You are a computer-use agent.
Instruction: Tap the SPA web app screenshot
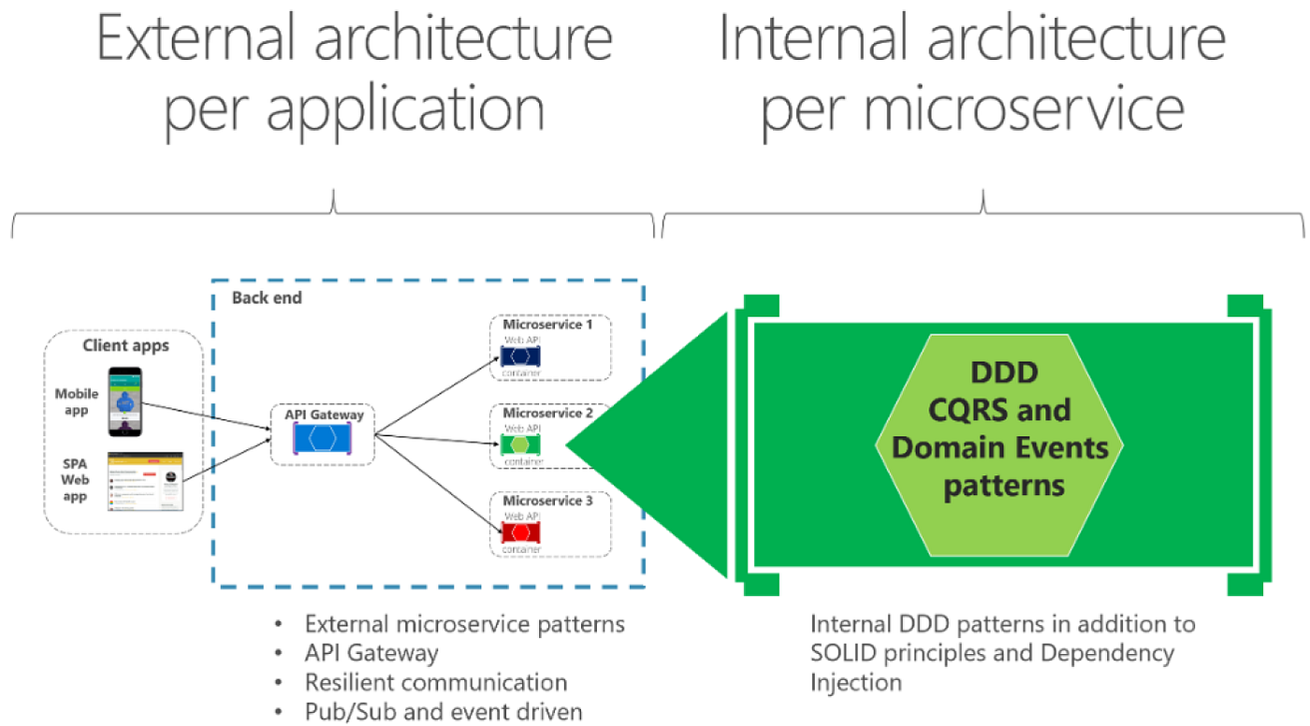pyautogui.click(x=146, y=481)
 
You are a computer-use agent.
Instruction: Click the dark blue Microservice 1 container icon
pyautogui.click(x=522, y=357)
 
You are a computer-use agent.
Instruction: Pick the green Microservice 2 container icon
pyautogui.click(x=522, y=444)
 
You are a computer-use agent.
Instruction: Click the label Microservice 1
pyautogui.click(x=547, y=325)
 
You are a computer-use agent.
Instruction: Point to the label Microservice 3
pyautogui.click(x=547, y=501)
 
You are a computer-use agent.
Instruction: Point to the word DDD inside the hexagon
pyautogui.click(x=1003, y=372)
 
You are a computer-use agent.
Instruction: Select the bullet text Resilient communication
pyautogui.click(x=436, y=682)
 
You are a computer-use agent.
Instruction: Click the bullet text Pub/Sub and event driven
pyautogui.click(x=444, y=711)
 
